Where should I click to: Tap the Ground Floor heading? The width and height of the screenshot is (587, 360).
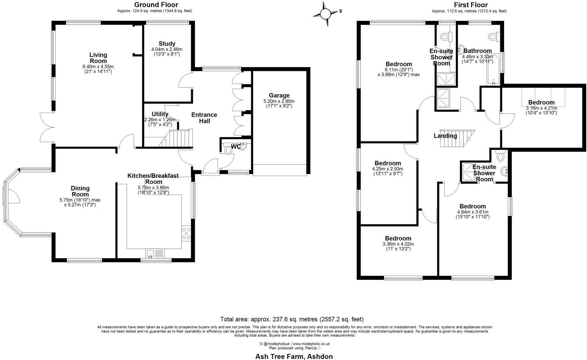155,5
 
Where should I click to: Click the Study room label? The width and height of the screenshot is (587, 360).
167,43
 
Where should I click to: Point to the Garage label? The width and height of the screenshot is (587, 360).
279,95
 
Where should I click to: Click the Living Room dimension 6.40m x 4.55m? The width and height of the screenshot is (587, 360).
98,67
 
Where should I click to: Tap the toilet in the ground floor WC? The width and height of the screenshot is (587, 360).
228,150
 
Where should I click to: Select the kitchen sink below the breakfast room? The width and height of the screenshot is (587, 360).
151,254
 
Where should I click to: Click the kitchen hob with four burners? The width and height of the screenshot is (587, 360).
186,233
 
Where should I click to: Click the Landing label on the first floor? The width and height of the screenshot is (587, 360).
445,136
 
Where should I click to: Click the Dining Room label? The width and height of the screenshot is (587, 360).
80,191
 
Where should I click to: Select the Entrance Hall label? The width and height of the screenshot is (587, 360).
204,118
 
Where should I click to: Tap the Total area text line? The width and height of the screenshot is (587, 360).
292,319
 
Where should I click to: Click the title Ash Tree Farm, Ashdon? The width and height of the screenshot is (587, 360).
294,356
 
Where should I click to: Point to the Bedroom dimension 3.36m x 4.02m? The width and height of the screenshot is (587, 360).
398,244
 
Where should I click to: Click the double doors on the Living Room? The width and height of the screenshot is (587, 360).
48,127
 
